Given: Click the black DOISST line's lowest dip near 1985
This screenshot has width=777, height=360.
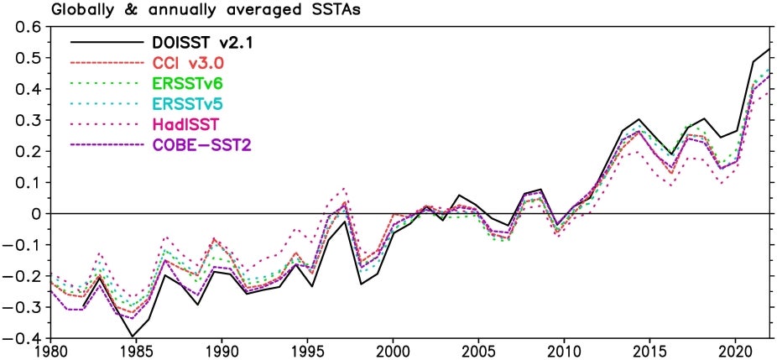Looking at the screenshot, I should point(133,337).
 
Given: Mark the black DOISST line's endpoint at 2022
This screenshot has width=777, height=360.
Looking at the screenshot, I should point(769,50).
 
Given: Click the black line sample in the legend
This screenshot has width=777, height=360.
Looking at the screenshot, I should point(105,41).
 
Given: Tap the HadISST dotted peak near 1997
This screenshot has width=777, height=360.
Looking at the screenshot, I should point(344,189).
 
